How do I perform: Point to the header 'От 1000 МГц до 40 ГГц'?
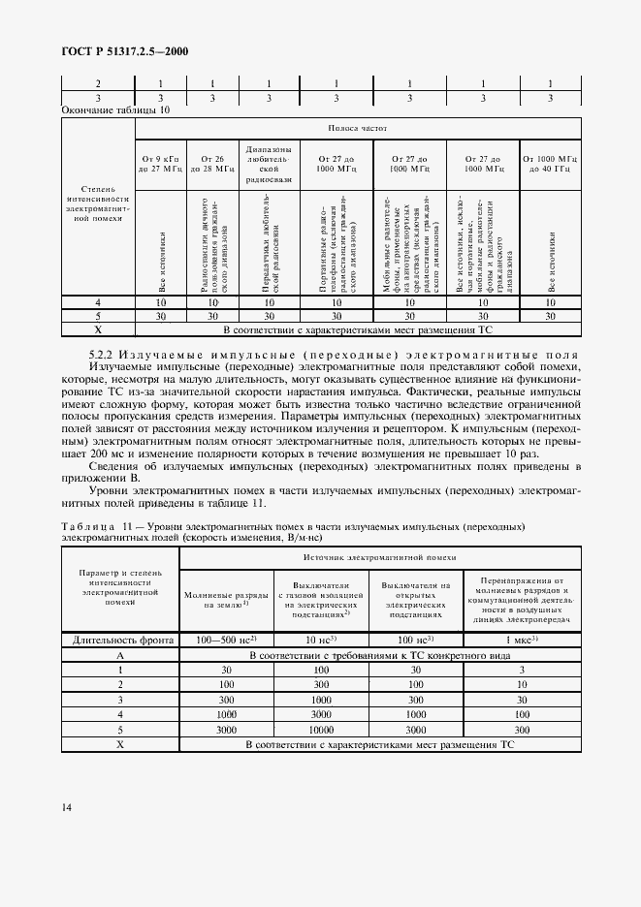point(550,162)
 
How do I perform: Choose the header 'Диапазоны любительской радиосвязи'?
point(269,162)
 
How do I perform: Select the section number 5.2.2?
point(103,354)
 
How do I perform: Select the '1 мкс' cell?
point(522,641)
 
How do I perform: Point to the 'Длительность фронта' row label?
point(120,641)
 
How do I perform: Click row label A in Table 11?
point(120,656)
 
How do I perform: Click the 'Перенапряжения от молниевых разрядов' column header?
point(522,598)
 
